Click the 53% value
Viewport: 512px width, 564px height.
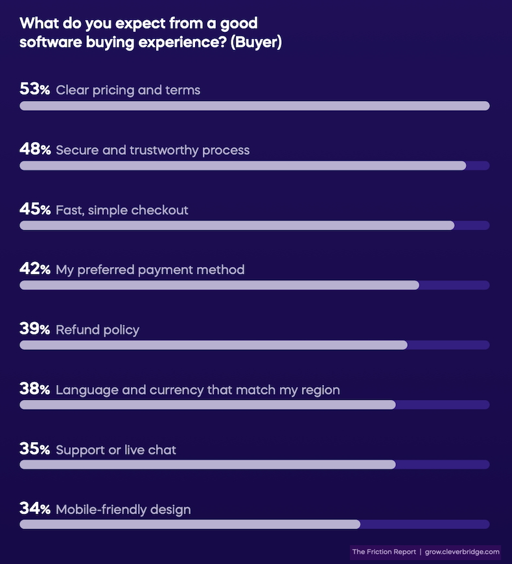pyautogui.click(x=35, y=90)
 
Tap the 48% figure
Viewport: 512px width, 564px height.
pyautogui.click(x=35, y=150)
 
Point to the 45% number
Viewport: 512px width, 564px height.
pyautogui.click(x=35, y=210)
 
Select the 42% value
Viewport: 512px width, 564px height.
pyautogui.click(x=35, y=270)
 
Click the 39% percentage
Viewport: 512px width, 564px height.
pyautogui.click(x=35, y=330)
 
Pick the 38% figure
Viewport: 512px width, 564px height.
pyautogui.click(x=35, y=390)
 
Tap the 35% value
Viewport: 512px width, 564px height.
pyautogui.click(x=35, y=450)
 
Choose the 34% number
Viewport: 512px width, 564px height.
pyautogui.click(x=35, y=510)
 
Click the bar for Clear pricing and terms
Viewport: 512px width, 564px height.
pyautogui.click(x=254, y=106)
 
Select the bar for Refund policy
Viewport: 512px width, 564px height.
pyautogui.click(x=213, y=345)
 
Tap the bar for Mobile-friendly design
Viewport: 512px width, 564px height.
pyautogui.click(x=190, y=524)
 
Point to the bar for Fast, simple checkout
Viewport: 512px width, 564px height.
pyautogui.click(x=237, y=226)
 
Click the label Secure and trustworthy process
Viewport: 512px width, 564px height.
pyautogui.click(x=152, y=150)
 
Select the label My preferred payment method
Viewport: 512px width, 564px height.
pyautogui.click(x=150, y=270)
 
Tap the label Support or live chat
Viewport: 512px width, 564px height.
pyautogui.click(x=116, y=450)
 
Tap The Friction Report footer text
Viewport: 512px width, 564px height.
pyautogui.click(x=384, y=552)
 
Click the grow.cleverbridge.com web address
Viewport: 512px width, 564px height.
pyautogui.click(x=462, y=552)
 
